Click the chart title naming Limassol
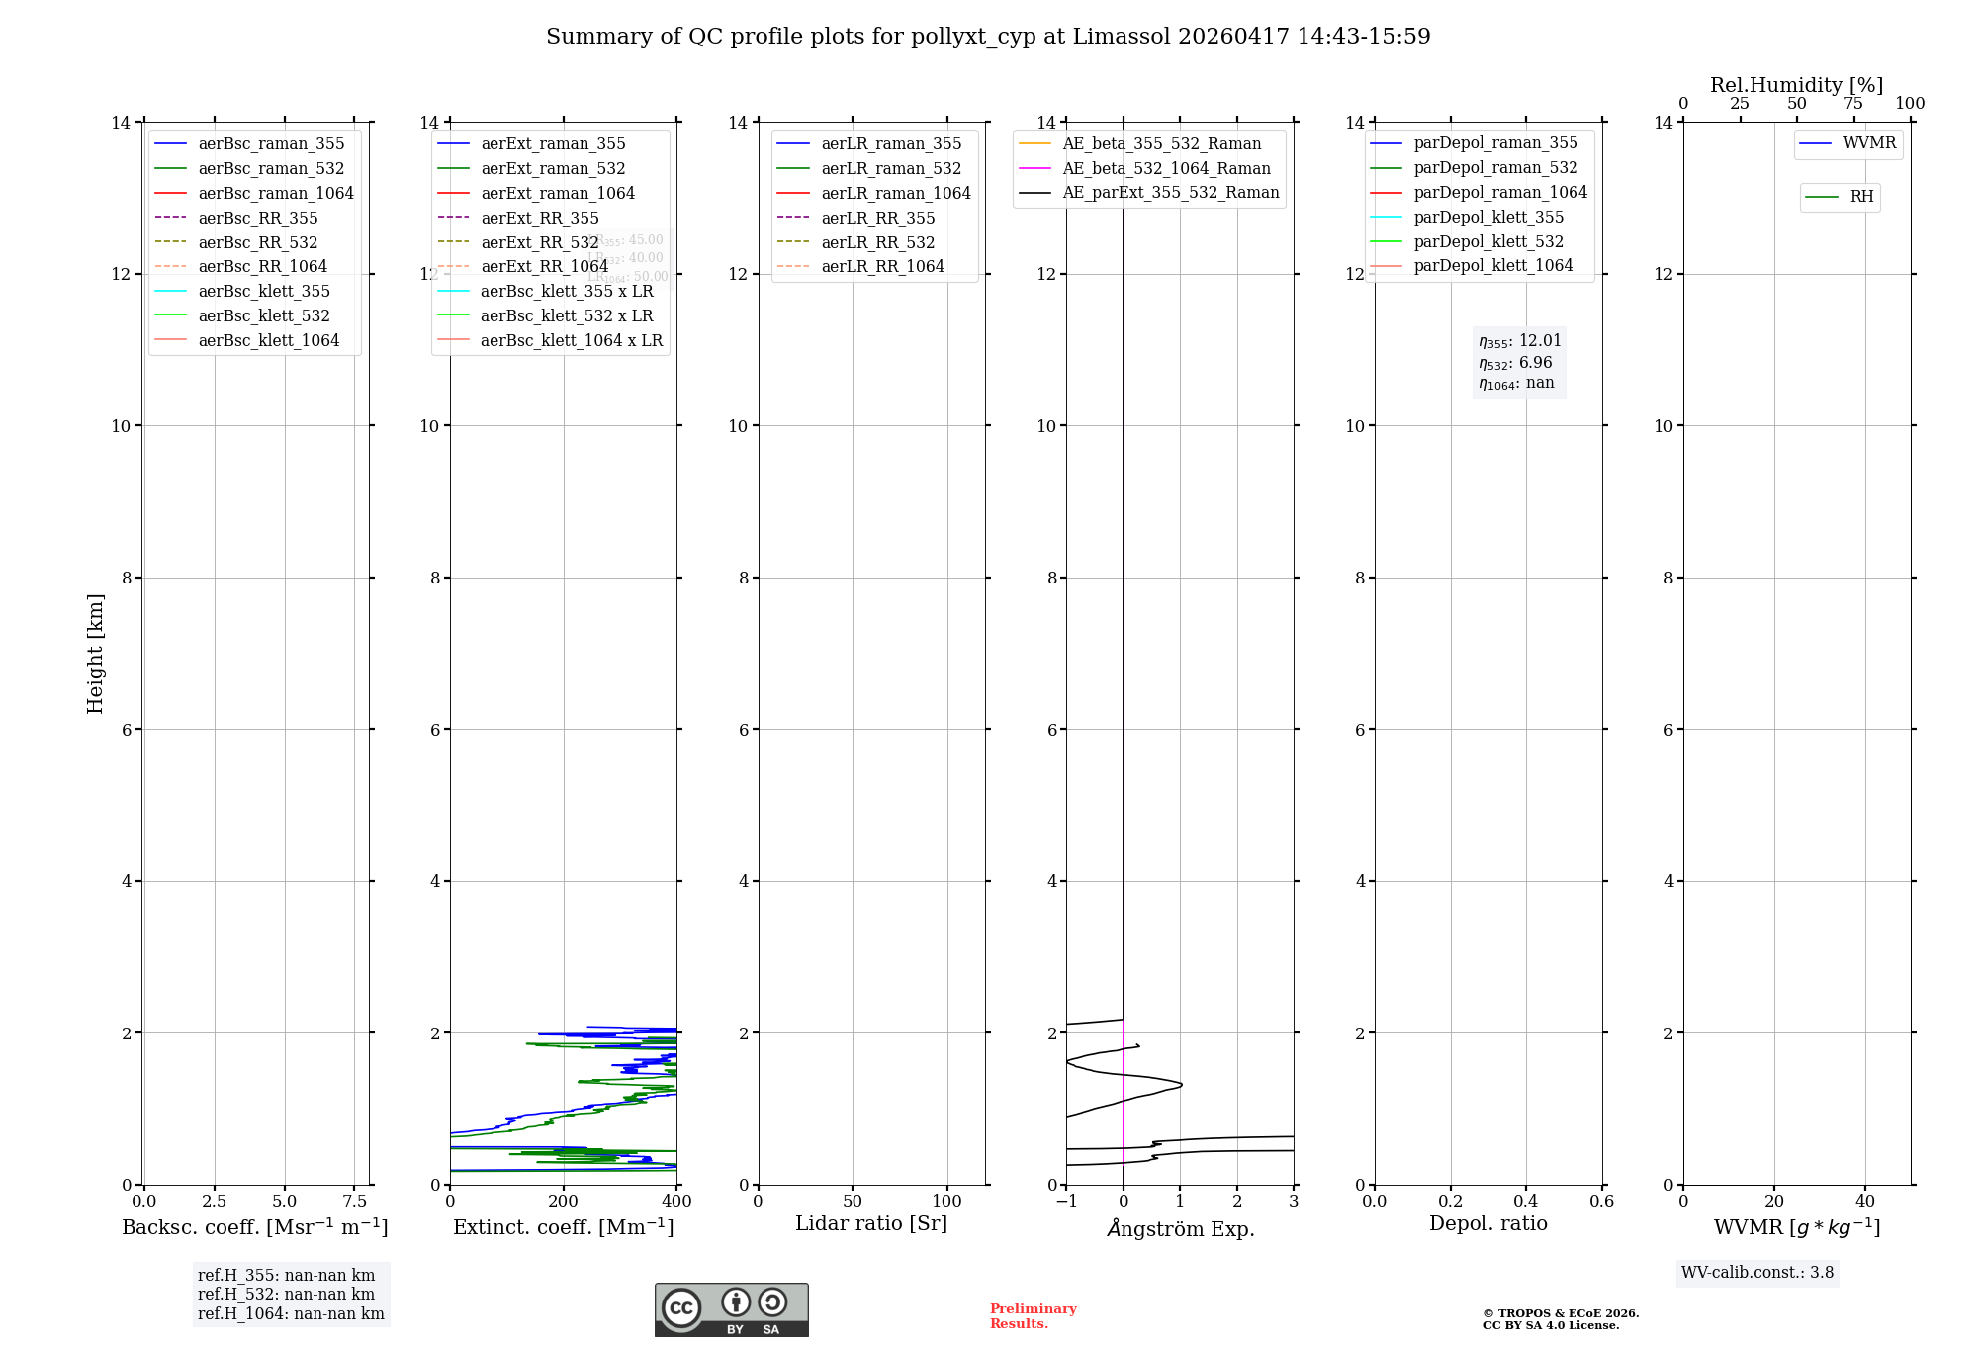(x=988, y=37)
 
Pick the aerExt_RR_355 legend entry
(x=539, y=218)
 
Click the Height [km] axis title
(x=95, y=653)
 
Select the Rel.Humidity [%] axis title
(x=1796, y=85)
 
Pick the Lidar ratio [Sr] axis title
(x=871, y=1223)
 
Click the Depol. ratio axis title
(x=1487, y=1223)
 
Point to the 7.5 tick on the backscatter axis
(x=355, y=1202)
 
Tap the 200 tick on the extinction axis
(x=564, y=1202)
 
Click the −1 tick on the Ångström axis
(x=1065, y=1202)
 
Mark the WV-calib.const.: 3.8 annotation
(x=1756, y=1273)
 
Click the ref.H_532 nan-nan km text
(x=286, y=1295)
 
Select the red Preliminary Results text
(x=1033, y=1316)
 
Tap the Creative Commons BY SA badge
(x=731, y=1310)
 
